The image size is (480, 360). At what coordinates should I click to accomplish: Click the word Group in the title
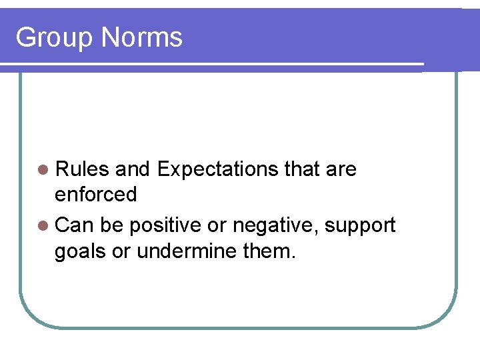(54, 38)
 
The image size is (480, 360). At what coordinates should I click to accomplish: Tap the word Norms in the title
(141, 37)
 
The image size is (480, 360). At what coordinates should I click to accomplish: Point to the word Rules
(82, 170)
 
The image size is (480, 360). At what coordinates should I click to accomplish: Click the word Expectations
(217, 170)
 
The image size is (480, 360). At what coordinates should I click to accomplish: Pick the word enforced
(95, 195)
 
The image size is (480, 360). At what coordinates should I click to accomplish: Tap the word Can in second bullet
(75, 226)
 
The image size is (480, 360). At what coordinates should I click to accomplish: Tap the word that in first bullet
(301, 170)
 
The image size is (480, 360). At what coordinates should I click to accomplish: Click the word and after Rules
(133, 170)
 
